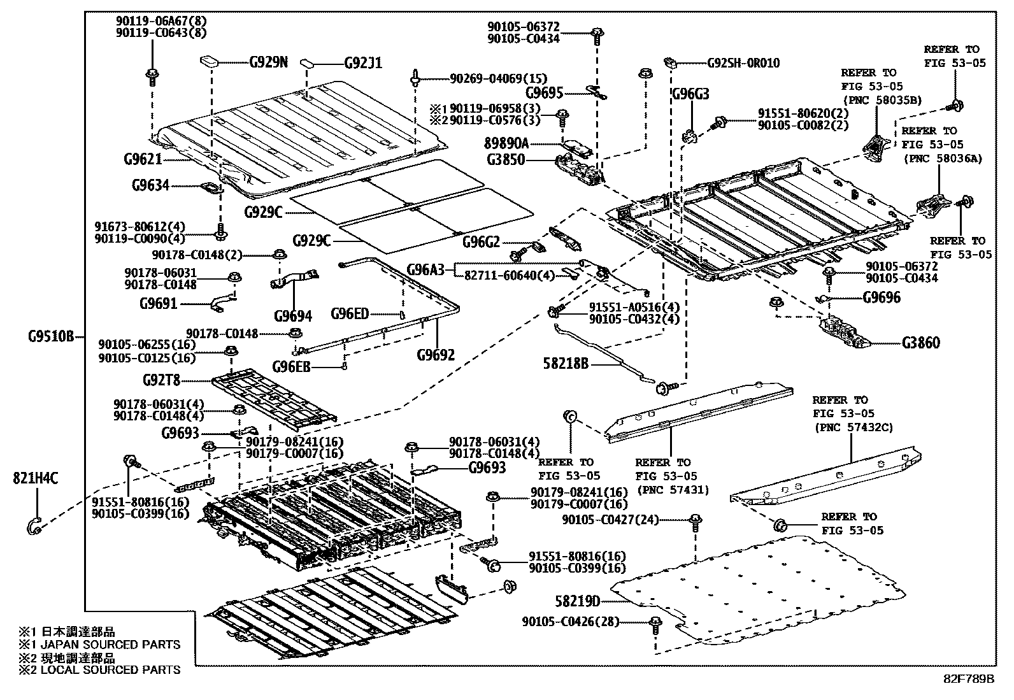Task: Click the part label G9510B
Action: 51,336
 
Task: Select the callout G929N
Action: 268,62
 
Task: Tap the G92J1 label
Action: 363,63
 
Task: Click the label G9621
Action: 143,159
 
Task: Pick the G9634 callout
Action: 151,185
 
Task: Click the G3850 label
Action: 506,160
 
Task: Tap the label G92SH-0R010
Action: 743,63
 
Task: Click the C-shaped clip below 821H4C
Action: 34,525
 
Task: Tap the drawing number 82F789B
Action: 969,678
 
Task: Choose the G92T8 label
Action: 161,381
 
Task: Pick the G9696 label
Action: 882,297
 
